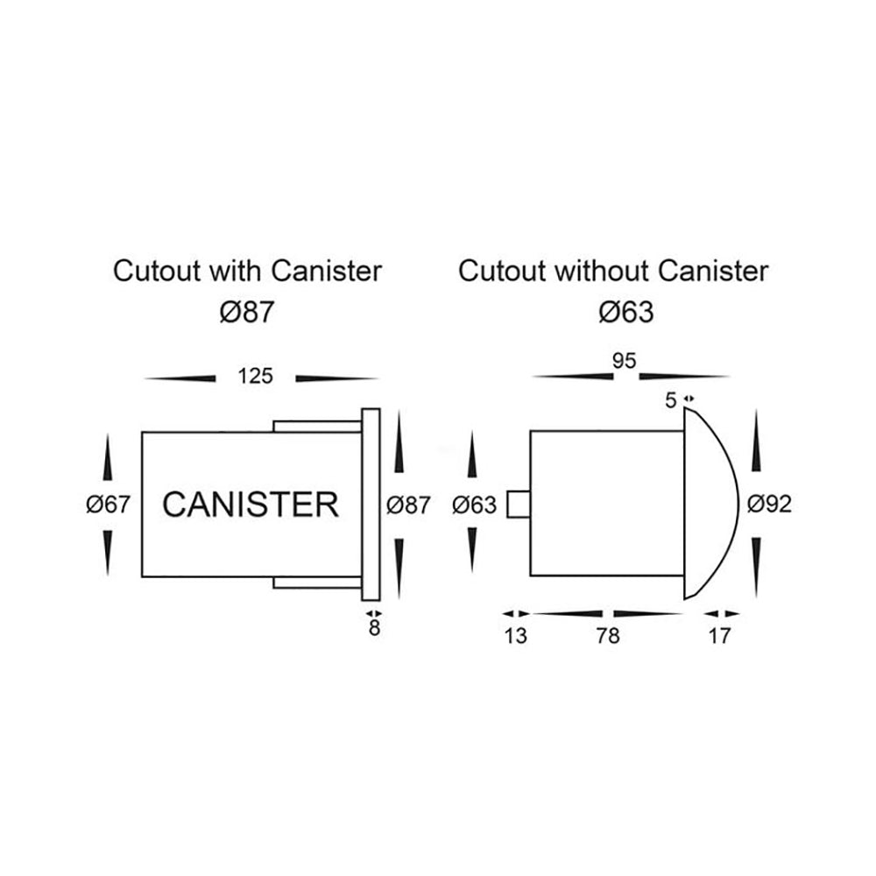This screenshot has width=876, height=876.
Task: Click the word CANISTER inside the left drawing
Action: [x=251, y=505]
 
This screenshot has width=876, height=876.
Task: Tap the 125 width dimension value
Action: [x=255, y=377]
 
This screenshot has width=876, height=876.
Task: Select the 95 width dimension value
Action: [x=625, y=362]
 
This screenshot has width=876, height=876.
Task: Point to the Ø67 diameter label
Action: [x=109, y=505]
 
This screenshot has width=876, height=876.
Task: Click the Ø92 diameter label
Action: [x=771, y=505]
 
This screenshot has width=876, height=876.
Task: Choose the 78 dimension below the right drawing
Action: [x=606, y=636]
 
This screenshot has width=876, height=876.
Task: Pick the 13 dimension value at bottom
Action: [x=516, y=636]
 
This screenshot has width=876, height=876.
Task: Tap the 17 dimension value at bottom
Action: [x=718, y=636]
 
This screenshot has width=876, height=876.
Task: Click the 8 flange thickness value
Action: [x=374, y=629]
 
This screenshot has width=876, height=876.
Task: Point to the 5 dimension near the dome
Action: [x=671, y=401]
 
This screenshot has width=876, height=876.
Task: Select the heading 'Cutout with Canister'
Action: [x=248, y=272]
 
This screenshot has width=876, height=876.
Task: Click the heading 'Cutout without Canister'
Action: [x=613, y=272]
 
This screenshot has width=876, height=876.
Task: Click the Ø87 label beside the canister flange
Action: [x=408, y=505]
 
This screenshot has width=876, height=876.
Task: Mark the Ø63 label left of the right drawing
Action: [x=475, y=505]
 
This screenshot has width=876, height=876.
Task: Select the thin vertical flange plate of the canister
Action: [x=370, y=505]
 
